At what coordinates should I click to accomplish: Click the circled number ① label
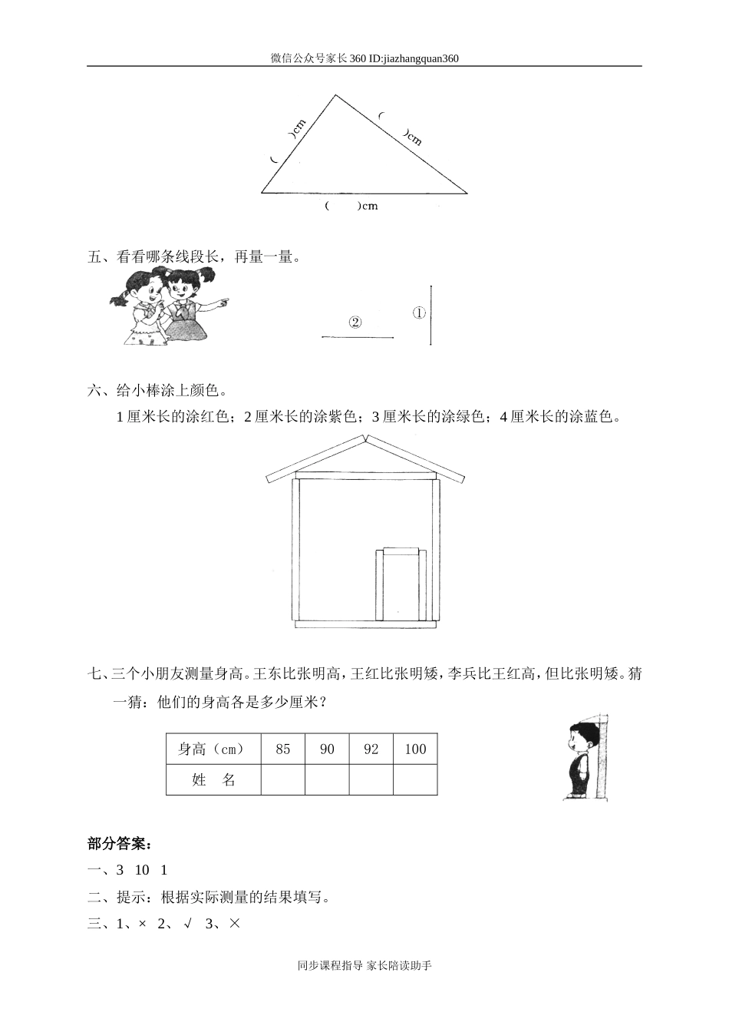coord(419,313)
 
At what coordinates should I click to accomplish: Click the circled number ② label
coord(355,322)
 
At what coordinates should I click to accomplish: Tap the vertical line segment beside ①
coord(430,315)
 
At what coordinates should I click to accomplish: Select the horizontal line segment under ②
coord(358,336)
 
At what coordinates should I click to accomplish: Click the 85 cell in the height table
coord(283,749)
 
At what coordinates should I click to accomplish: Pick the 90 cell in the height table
coord(327,749)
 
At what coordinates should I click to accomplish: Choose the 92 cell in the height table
coord(371,749)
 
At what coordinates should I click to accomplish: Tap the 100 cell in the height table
coord(415,749)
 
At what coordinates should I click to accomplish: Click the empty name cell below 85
coord(283,779)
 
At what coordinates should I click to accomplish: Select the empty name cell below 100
coord(415,779)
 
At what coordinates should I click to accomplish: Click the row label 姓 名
coord(213,779)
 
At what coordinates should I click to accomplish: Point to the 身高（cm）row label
coord(213,749)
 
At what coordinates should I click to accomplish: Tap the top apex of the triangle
coord(335,96)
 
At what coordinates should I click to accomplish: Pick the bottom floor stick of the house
coord(364,624)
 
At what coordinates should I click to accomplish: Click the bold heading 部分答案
coord(120,845)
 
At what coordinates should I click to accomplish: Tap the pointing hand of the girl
coord(223,303)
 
